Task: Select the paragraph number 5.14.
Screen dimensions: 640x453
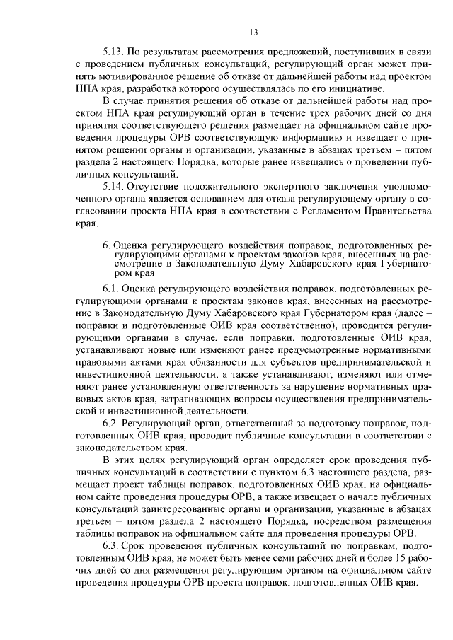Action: point(114,187)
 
